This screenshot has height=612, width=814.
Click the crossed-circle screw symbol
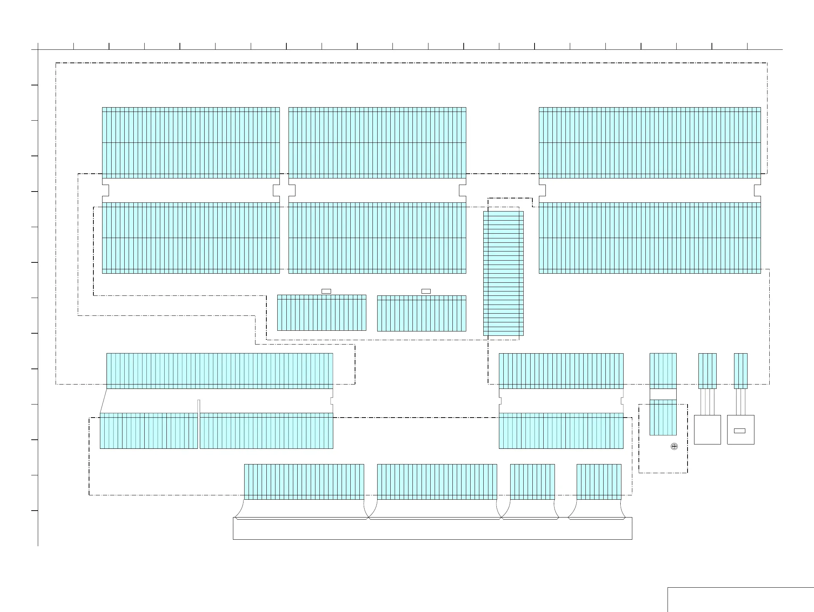click(x=674, y=446)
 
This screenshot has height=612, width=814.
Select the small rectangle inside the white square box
click(x=739, y=431)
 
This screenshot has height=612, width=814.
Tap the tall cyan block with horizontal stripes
click(x=503, y=273)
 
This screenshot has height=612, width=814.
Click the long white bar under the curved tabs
click(x=432, y=529)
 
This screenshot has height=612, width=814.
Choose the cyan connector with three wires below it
click(x=707, y=371)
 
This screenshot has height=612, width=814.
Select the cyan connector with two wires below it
click(x=740, y=371)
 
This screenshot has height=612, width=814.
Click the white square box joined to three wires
click(x=707, y=430)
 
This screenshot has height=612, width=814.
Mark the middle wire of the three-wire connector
click(x=707, y=402)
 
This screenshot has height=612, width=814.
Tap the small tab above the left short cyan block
click(x=326, y=291)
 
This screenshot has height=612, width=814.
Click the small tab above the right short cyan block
click(x=426, y=291)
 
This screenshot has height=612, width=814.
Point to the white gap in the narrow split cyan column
click(x=663, y=394)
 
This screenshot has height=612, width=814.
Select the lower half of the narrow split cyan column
click(x=663, y=417)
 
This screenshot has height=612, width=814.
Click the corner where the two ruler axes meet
click(x=38, y=49)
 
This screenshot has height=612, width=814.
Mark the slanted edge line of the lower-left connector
click(x=104, y=401)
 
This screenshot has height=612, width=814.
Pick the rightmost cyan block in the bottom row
click(x=599, y=482)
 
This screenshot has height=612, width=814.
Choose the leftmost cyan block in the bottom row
click(x=304, y=482)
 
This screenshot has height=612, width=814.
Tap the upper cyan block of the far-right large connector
click(x=649, y=143)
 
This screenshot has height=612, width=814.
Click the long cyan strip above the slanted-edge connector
click(x=220, y=371)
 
